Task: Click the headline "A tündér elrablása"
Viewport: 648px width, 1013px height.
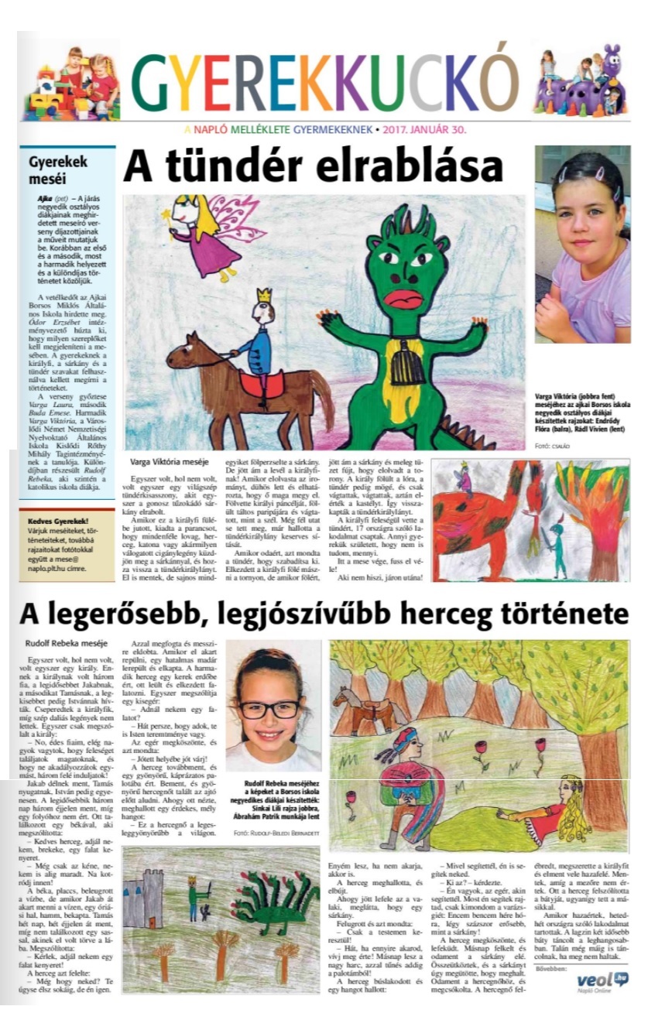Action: pyautogui.click(x=313, y=166)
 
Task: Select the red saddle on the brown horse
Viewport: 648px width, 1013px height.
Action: pyautogui.click(x=260, y=382)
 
